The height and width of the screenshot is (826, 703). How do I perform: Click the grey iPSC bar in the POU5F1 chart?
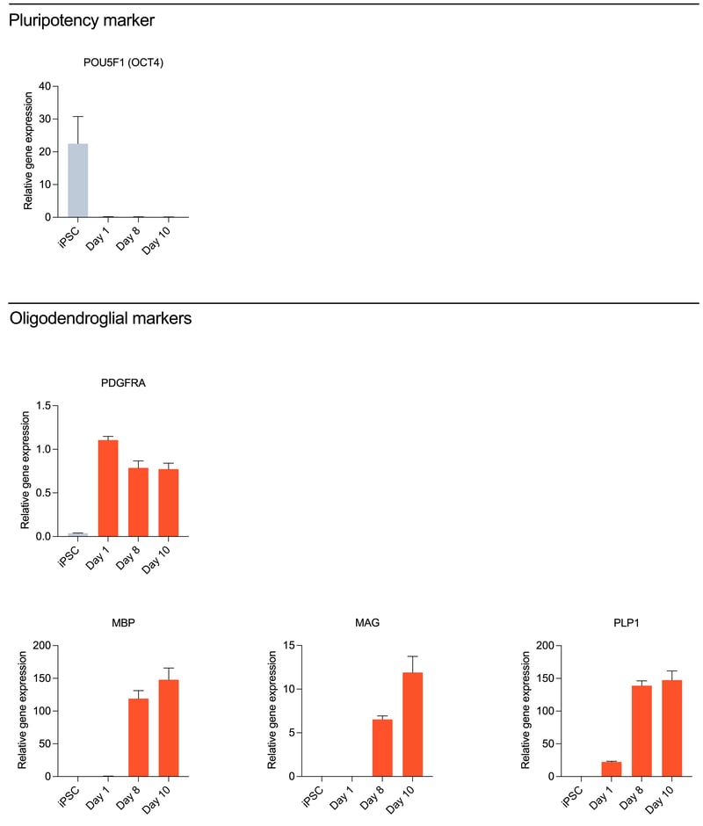[77, 180]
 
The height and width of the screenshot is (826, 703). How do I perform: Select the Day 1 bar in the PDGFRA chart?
[107, 488]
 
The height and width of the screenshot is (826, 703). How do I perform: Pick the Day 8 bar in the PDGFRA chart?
[138, 502]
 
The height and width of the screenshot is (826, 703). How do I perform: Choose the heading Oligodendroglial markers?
[100, 319]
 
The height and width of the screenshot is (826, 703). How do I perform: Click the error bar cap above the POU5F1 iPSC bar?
[77, 116]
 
